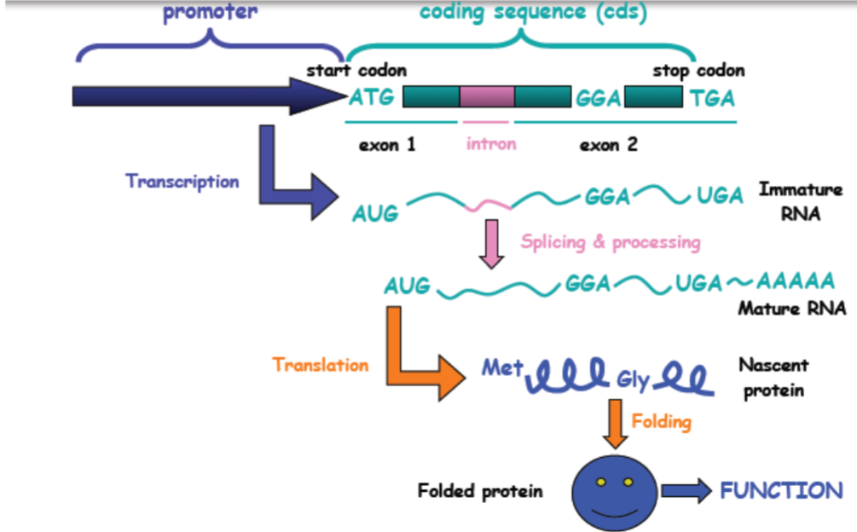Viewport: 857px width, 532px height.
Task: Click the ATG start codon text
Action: [372, 98]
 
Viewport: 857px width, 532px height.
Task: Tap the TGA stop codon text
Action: [712, 98]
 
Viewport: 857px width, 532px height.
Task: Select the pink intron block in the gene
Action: [487, 96]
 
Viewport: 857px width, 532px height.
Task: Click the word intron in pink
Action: [491, 143]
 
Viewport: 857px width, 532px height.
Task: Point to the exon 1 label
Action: [387, 145]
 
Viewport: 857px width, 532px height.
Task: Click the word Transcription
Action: [182, 182]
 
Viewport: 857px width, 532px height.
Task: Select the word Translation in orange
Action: [321, 365]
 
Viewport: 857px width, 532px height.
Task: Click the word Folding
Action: [662, 421]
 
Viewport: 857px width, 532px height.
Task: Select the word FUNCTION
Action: [781, 490]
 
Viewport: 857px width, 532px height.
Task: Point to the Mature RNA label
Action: [792, 308]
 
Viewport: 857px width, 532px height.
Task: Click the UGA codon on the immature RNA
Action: [720, 196]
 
